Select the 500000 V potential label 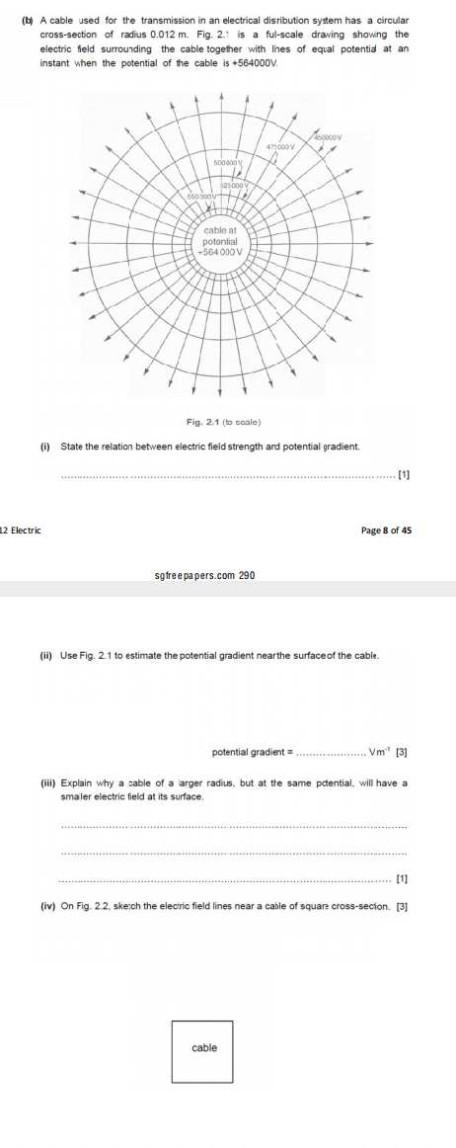coord(228,159)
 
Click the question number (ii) coord(45,655)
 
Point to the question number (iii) coord(46,783)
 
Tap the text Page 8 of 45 coord(386,531)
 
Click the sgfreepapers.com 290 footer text coord(204,574)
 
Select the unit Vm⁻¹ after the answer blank coord(380,753)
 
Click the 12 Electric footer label coord(20,531)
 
